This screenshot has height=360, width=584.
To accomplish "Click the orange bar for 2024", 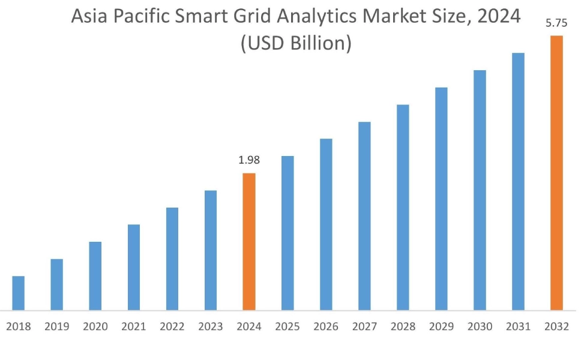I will click(249, 242).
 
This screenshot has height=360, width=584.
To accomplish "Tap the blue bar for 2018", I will click(19, 293).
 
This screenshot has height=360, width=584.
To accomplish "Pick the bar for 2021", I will click(134, 268).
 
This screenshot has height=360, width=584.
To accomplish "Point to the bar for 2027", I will click(364, 216).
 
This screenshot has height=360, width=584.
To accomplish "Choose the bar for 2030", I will click(480, 190).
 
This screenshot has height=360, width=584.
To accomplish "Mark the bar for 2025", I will click(287, 233).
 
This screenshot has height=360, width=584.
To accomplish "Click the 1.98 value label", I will click(249, 161).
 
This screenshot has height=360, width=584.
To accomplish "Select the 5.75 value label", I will click(556, 23).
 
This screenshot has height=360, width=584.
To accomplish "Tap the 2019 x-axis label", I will click(57, 327).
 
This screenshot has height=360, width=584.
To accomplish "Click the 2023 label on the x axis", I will click(211, 327).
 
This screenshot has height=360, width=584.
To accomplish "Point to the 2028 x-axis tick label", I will click(403, 327).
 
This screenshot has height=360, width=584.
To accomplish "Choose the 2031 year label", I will click(518, 327).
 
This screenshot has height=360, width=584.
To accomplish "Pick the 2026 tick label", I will click(326, 327).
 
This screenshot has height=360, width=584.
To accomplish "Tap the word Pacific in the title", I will click(136, 17).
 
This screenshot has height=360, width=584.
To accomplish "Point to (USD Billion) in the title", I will click(295, 44).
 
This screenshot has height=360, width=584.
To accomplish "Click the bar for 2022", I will click(172, 259).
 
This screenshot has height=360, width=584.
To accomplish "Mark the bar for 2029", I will click(441, 199).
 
